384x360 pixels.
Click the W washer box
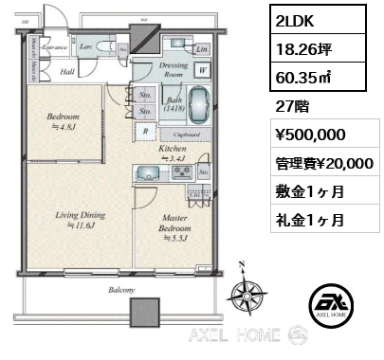tap(203, 69)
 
